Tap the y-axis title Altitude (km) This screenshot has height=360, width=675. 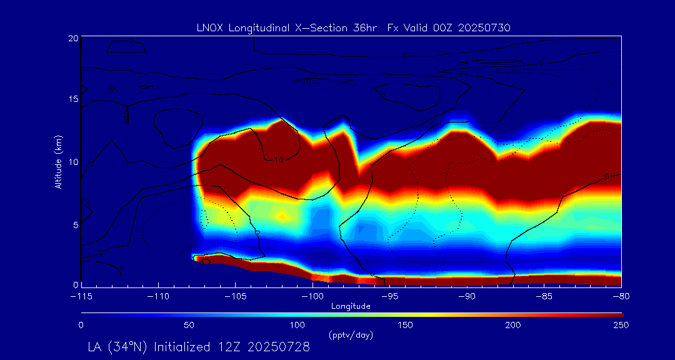(x=58, y=162)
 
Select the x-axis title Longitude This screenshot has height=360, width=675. (x=351, y=306)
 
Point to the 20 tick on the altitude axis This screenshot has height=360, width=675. (x=73, y=39)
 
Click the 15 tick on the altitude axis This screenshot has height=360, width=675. (x=73, y=99)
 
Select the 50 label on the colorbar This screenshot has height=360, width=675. (x=189, y=325)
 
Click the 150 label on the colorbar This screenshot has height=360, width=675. (x=405, y=325)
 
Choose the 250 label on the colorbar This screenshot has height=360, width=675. (x=621, y=325)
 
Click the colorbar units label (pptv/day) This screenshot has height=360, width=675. (x=351, y=336)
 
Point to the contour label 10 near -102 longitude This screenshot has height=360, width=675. (x=279, y=160)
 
